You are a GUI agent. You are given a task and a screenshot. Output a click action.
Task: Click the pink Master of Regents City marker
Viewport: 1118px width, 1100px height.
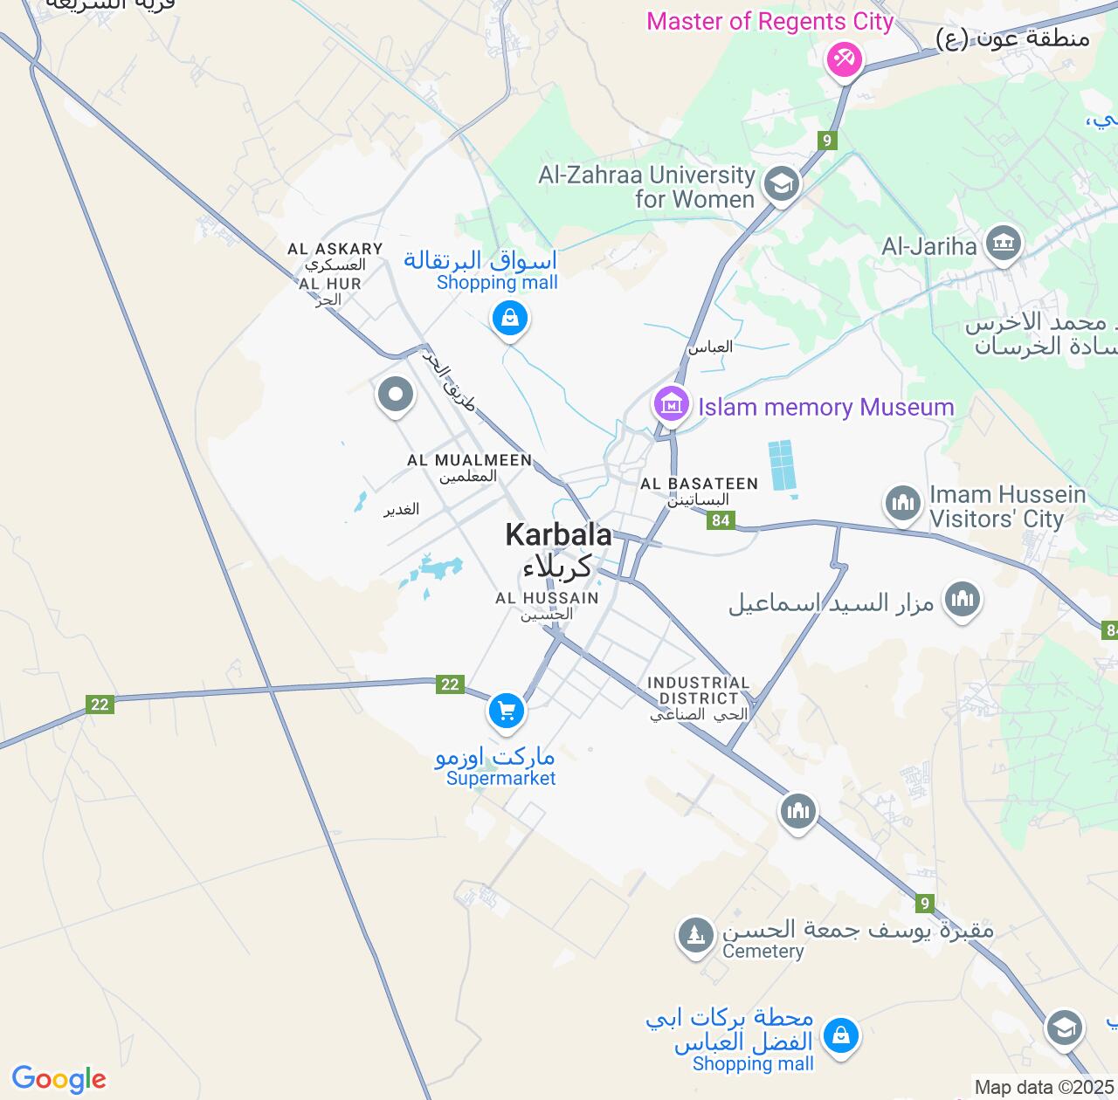pos(845,59)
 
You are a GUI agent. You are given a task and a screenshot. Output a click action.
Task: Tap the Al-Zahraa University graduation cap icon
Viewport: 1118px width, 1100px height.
pos(781,184)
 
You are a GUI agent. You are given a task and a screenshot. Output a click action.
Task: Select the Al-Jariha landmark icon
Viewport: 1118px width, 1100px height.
pos(1003,244)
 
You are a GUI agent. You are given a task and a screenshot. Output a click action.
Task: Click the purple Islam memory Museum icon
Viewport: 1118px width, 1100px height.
pos(671,404)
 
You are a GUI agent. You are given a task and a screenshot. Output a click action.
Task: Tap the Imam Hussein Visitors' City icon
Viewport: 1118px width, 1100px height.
pos(903,503)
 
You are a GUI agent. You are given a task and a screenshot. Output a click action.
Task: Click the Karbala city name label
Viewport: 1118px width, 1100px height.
pos(558,534)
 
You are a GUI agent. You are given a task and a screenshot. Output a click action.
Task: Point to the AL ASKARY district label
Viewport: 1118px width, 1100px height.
pos(335,249)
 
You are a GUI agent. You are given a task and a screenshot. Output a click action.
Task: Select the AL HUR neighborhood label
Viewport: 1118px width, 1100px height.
pos(330,284)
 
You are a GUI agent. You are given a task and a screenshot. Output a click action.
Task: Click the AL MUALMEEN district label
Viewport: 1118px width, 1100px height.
pos(469,460)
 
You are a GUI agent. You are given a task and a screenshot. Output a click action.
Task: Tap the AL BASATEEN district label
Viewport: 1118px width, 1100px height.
pos(699,484)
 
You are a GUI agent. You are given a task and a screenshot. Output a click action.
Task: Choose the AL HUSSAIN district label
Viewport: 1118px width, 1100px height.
pos(547,598)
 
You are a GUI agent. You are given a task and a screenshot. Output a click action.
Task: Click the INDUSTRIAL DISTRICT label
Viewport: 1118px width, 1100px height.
pos(699,691)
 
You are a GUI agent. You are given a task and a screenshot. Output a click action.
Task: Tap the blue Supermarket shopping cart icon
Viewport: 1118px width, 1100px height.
pos(506,710)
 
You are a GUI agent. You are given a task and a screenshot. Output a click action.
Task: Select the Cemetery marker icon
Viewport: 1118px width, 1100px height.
pos(695,935)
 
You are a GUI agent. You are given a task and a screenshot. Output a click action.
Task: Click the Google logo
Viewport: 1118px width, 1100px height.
pos(59,1079)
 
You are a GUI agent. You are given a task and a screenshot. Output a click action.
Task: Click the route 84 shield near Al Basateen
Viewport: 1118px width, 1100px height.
pos(720,521)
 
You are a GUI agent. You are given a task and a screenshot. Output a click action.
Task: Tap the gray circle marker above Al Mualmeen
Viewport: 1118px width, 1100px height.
pos(395,394)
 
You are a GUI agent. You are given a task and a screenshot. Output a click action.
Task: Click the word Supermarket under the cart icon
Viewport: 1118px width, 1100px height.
pos(500,778)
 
